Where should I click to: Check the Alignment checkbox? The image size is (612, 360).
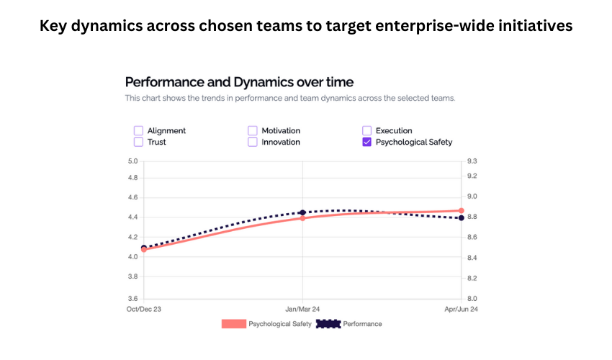pos(138,130)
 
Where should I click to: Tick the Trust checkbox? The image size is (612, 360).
pos(138,142)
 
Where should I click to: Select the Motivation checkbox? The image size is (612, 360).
pos(253,130)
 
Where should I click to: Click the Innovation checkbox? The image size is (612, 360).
pos(253,142)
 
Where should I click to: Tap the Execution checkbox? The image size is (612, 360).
pos(367,130)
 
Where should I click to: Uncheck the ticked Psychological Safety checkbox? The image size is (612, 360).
pos(367,142)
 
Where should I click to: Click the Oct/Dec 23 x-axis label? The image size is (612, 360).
pos(144,309)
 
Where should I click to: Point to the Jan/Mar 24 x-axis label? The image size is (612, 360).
pos(302,309)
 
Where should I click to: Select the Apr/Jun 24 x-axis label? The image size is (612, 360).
pos(461,309)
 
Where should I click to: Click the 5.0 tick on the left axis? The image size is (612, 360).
pos(132,161)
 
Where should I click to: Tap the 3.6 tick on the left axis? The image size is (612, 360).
pos(132,298)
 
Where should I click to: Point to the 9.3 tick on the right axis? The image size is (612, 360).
pos(472,161)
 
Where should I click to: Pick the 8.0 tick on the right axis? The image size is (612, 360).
pos(472,298)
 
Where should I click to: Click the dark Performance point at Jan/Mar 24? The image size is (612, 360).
pos(302,212)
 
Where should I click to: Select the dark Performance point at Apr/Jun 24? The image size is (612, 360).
pos(461,217)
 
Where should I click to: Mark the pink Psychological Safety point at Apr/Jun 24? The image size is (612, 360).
pos(461,211)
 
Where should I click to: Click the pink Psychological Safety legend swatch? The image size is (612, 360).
pos(233,324)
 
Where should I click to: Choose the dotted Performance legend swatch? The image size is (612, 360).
pos(328,324)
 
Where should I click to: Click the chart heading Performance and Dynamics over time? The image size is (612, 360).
pos(239,82)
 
